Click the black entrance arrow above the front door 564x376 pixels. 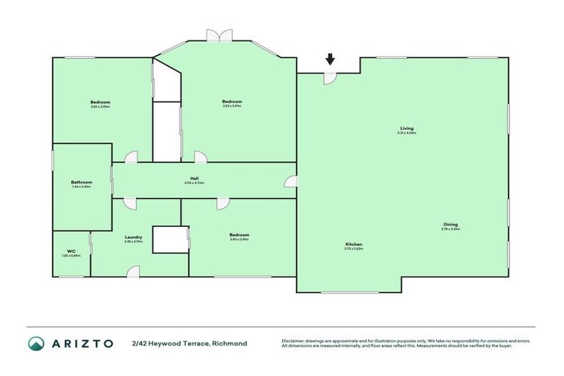[330, 59]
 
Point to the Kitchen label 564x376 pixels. [354, 244]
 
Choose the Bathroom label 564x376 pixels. [81, 182]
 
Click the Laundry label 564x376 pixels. [133, 236]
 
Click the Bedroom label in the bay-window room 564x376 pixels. [231, 101]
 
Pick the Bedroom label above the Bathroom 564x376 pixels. [101, 101]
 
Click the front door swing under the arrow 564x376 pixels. [330, 77]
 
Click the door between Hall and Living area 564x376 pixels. [292, 181]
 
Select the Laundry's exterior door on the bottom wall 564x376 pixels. [132, 272]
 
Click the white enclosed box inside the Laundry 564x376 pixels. [170, 239]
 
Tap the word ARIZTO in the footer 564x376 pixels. [82, 343]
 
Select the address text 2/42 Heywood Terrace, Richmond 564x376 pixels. [189, 343]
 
